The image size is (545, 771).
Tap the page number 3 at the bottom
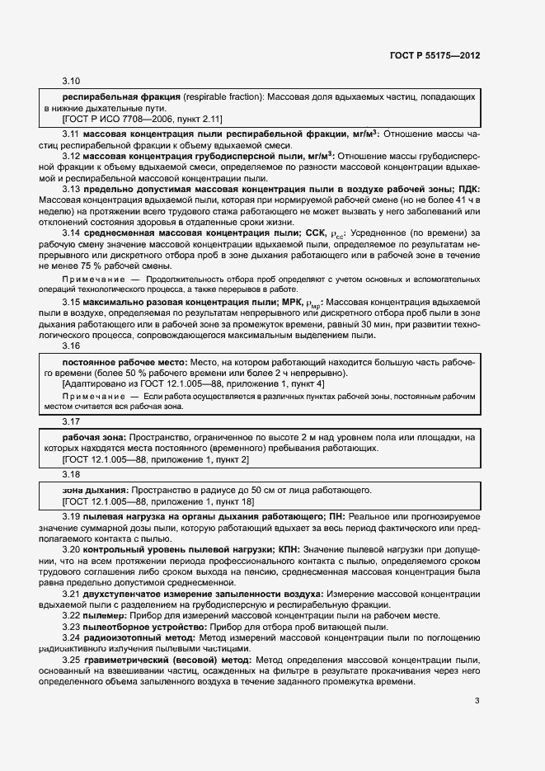[477, 702]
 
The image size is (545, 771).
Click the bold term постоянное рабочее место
[125, 363]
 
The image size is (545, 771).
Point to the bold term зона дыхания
[95, 490]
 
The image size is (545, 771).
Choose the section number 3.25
[71, 661]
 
